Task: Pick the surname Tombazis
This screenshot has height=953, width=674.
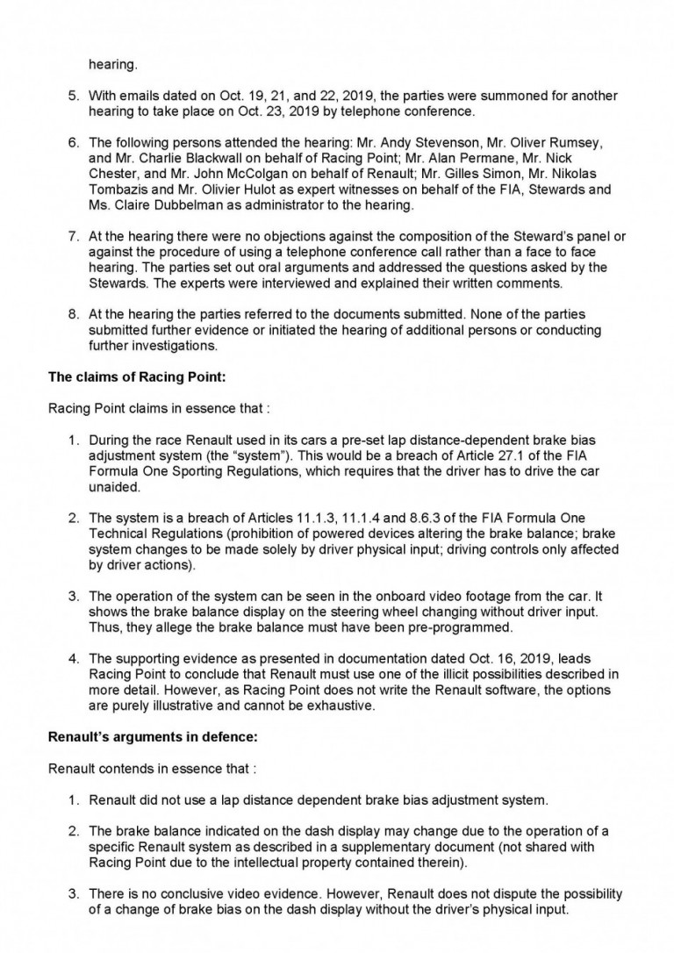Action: coord(123,190)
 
